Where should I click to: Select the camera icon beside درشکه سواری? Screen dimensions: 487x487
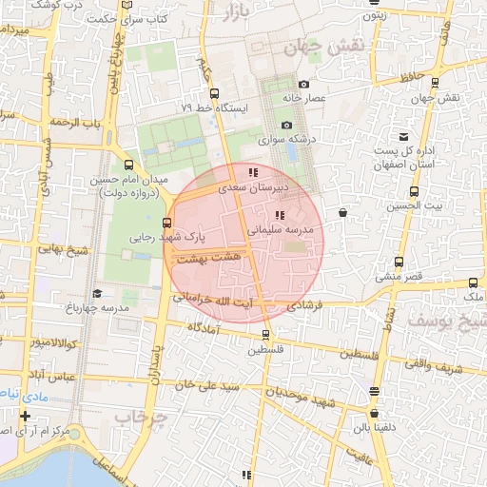286,126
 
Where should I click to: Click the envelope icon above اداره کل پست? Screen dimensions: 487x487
404,137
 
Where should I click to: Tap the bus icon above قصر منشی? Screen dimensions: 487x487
399,263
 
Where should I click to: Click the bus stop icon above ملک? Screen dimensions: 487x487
474,283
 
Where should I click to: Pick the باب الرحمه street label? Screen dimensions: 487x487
76,124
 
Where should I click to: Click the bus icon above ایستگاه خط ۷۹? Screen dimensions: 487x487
214,94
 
